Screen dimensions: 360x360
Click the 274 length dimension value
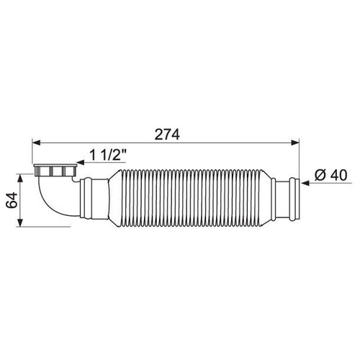coord(167,135)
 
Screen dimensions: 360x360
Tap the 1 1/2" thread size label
coord(108,155)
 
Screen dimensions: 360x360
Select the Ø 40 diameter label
coord(331,175)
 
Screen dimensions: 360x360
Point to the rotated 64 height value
coord(12,199)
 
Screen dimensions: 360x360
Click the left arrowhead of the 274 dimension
coord(37,143)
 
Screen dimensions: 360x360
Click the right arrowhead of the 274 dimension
coord(295,143)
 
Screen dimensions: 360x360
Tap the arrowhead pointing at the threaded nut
coord(81,163)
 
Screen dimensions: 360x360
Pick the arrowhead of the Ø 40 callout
coord(305,184)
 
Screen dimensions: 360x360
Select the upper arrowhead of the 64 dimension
coord(21,179)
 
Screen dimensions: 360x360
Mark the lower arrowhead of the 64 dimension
coord(21,222)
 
